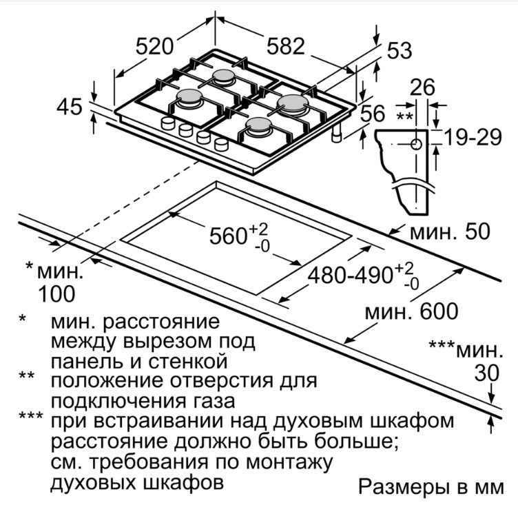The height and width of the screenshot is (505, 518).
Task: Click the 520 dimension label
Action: coord(153,47)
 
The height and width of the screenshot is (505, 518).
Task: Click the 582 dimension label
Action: coord(285,46)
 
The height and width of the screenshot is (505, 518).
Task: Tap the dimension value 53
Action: coord(399,50)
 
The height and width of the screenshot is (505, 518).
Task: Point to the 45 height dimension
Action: coord(69,107)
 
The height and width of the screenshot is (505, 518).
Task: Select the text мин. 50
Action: coord(450,231)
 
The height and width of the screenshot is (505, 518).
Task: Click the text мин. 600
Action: coord(411,311)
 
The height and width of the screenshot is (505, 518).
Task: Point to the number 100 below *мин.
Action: coord(56,294)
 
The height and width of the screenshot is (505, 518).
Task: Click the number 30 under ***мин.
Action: coord(488,373)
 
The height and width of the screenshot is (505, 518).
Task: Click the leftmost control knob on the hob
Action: coord(167,123)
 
